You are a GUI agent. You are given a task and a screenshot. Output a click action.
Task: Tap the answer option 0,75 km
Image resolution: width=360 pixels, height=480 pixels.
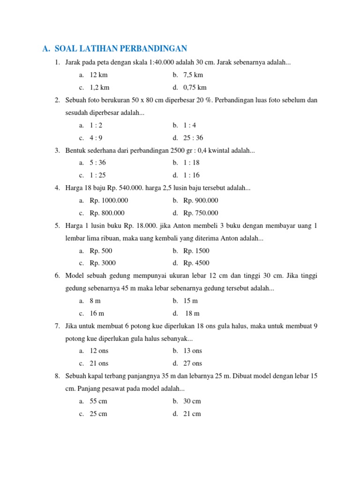click(195, 88)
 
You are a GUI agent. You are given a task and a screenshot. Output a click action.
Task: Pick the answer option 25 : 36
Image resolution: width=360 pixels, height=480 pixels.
click(193, 138)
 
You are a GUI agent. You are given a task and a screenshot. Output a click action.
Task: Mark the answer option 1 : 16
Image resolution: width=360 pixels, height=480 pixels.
click(192, 175)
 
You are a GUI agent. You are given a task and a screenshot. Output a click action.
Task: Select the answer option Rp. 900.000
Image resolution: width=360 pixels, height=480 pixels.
click(201, 201)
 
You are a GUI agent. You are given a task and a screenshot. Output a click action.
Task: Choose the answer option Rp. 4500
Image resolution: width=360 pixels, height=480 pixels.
click(196, 263)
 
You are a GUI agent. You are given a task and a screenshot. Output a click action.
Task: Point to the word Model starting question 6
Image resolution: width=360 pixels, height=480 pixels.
click(74, 276)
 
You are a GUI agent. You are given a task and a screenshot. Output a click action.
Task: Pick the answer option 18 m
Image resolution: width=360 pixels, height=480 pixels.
click(192, 314)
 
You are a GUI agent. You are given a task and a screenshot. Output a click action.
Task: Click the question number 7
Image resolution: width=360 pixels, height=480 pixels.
click(57, 326)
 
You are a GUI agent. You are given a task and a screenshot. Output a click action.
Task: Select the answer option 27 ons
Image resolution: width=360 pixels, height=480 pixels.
click(193, 364)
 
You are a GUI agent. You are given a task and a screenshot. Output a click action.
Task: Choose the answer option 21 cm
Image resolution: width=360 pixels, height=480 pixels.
click(192, 414)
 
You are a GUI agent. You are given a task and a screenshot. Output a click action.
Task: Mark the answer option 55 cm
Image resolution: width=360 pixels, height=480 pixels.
click(98, 401)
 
